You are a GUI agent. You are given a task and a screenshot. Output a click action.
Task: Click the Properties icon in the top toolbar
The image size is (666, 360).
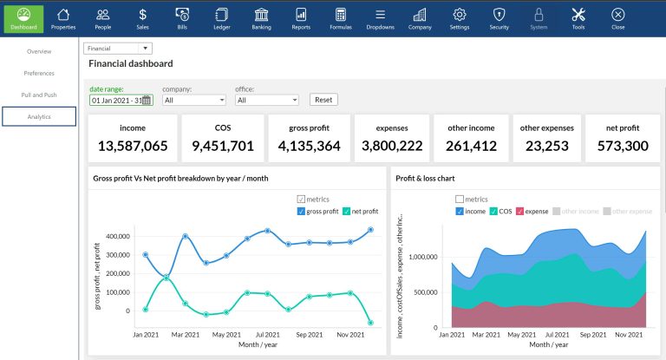[x=63, y=17]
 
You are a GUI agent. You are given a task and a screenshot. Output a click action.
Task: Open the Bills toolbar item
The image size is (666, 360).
[x=182, y=17]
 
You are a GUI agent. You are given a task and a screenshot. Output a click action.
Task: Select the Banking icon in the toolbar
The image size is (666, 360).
[x=261, y=17]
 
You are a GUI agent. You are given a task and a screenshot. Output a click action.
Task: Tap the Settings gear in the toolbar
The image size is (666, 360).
[x=460, y=17]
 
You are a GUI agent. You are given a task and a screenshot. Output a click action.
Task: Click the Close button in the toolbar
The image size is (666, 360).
[x=617, y=17]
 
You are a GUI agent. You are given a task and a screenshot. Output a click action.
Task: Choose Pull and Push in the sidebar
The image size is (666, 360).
[x=39, y=95]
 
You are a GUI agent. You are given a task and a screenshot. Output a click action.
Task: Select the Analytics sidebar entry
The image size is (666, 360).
[x=39, y=116]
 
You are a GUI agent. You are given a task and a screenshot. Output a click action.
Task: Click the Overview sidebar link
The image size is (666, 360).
[x=39, y=52]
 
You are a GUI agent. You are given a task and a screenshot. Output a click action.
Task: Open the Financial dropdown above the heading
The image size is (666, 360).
[x=118, y=49]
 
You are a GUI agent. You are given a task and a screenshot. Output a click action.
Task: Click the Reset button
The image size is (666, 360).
[x=323, y=100]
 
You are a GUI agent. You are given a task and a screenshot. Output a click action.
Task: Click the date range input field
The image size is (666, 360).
[x=117, y=100]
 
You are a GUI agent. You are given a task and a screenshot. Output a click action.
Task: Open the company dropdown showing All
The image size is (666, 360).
[x=194, y=100]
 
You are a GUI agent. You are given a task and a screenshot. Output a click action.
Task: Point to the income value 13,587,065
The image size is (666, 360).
[x=133, y=146]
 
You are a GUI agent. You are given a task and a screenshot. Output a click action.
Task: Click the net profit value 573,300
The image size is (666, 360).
[x=622, y=146]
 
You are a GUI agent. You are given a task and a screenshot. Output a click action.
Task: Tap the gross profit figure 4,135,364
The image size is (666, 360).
[x=309, y=146]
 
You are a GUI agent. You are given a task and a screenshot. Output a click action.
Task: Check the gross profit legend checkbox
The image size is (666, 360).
[x=301, y=211]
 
